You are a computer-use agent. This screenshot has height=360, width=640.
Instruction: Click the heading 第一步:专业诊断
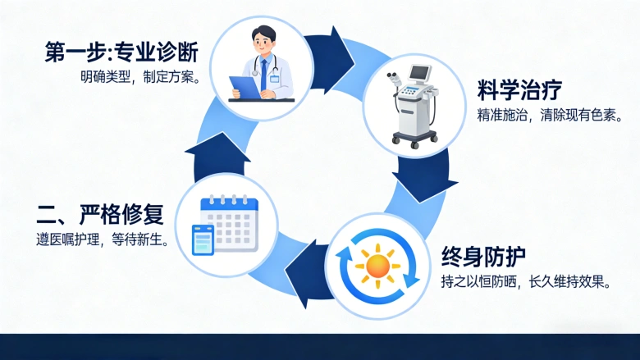pyautogui.click(x=121, y=52)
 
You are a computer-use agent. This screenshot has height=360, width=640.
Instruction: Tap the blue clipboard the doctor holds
pyautogui.click(x=244, y=84)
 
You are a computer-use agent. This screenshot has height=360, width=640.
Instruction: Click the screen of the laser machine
pyautogui.click(x=420, y=74)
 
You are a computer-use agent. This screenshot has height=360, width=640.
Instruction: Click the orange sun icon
pyautogui.click(x=378, y=264)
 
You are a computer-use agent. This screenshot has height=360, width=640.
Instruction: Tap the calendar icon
pyautogui.click(x=230, y=219)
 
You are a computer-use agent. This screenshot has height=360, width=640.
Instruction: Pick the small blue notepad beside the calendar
pyautogui.click(x=202, y=240)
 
